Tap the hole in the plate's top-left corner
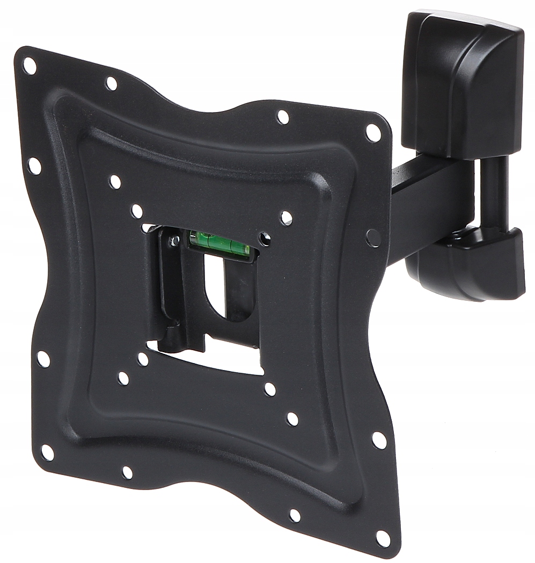pos(30,66)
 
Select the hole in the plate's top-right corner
pos(373,132)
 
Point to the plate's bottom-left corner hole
pos(47,452)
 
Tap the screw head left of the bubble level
pos(174,241)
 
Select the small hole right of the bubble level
pos(264,238)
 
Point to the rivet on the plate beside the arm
pos(373,238)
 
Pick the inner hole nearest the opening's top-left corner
pos(137,211)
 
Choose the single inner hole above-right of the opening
pos(287,218)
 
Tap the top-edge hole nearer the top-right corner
pos(282,117)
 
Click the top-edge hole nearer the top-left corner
pos(111,83)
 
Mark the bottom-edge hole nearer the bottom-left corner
pos(127,472)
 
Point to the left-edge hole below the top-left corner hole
pos(34,166)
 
